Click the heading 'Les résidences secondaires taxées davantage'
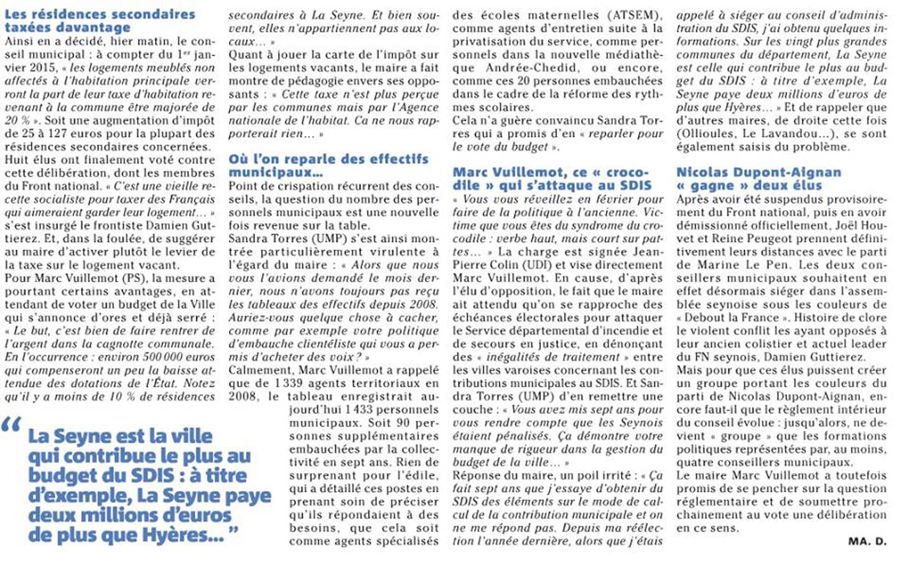point(100,21)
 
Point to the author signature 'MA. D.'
point(867,541)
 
